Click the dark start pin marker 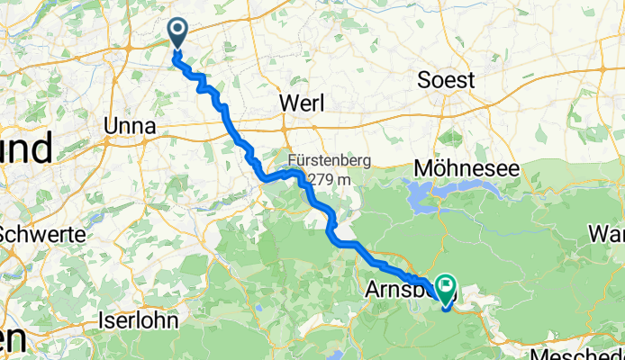pos(177,33)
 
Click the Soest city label pos(446,80)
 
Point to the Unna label pos(131,125)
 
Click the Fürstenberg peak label pos(317,160)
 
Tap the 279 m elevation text pos(331,179)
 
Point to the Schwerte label pos(41,233)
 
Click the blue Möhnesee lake pos(423,192)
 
